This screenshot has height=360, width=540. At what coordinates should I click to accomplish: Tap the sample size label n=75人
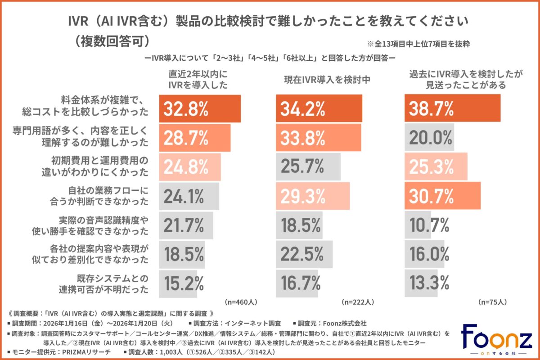493,301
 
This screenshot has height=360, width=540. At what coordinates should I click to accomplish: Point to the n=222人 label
358,301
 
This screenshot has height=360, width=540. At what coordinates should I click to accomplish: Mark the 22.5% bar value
302,254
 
